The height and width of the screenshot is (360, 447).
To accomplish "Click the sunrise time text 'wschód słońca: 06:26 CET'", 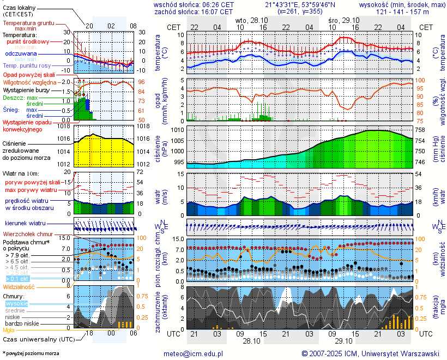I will (x=194, y=4).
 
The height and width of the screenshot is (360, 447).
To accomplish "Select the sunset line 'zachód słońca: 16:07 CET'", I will (x=194, y=11).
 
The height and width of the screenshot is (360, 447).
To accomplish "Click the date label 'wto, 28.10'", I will (x=252, y=19).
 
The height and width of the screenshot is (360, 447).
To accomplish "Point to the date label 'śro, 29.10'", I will (x=344, y=19).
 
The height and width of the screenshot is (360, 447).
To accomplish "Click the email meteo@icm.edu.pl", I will (x=194, y=353).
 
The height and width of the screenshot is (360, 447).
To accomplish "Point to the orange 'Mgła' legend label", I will (x=9, y=330).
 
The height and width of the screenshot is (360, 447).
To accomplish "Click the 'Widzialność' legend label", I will (x=19, y=286).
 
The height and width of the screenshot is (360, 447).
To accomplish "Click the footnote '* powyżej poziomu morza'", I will (x=31, y=353).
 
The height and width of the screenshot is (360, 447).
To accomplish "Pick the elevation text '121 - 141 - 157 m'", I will (x=402, y=11).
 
